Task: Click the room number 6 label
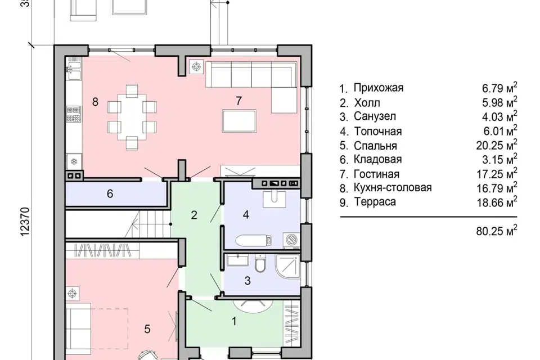point(110,193)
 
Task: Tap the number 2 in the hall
point(194,215)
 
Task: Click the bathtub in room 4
point(254,240)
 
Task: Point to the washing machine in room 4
point(291,240)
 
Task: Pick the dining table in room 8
point(132,117)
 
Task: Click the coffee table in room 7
point(240,121)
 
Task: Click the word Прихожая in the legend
point(379,88)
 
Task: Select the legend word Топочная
point(378,131)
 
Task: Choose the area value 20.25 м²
point(497,145)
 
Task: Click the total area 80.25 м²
point(497,231)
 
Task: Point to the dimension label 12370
point(25,222)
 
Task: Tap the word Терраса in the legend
point(375,202)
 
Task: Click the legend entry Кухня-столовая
point(393,188)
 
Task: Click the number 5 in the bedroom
point(147,329)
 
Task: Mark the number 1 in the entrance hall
point(234,321)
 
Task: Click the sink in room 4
point(274,200)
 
